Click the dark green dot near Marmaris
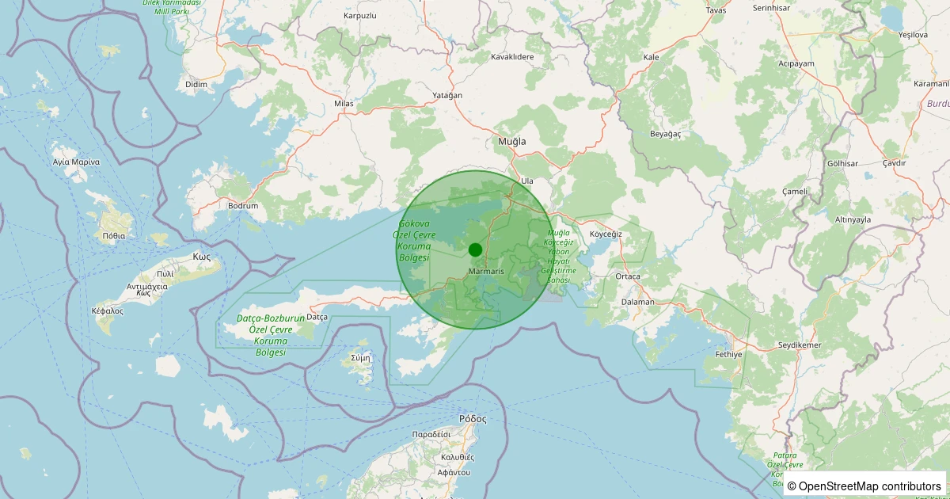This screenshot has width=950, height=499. (475, 249)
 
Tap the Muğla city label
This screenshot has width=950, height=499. (511, 141)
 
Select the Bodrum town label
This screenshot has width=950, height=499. (243, 206)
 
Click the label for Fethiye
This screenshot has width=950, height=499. (728, 355)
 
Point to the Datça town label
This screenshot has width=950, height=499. (317, 317)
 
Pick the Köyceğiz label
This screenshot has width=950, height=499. (606, 234)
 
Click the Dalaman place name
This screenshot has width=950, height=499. (638, 302)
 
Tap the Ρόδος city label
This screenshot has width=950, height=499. (473, 418)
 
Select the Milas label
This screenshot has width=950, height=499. (344, 104)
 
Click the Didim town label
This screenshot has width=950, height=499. (196, 84)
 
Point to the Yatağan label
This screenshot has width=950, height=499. (447, 95)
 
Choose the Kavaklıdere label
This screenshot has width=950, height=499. (512, 57)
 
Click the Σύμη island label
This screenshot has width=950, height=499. (360, 358)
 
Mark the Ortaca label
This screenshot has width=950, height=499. (628, 276)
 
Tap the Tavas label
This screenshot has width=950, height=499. (716, 10)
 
